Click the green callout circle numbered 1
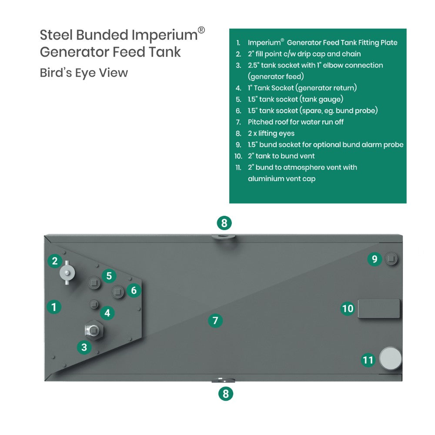(54, 307)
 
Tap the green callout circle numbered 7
(215, 321)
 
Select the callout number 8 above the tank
(224, 223)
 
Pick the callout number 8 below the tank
(225, 394)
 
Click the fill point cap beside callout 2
(67, 272)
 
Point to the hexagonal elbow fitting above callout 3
(94, 330)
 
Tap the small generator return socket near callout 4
(94, 304)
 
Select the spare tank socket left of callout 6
(118, 291)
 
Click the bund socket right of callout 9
(391, 258)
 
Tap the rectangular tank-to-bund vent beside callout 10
(379, 308)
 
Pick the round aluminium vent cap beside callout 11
(390, 358)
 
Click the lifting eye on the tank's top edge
(223, 237)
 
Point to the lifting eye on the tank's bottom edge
(223, 380)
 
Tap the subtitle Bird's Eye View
(84, 73)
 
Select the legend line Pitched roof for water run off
(295, 122)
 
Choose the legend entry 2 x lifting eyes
(271, 134)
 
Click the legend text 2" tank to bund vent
(281, 156)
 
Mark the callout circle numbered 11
(368, 360)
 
